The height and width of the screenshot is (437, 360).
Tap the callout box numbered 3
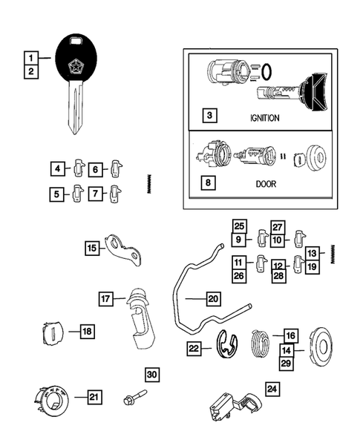211,116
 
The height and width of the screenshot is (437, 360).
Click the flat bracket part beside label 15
122,250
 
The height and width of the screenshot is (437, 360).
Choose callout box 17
107,298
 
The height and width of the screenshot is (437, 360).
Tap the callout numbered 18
87,332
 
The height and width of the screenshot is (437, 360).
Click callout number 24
273,387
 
